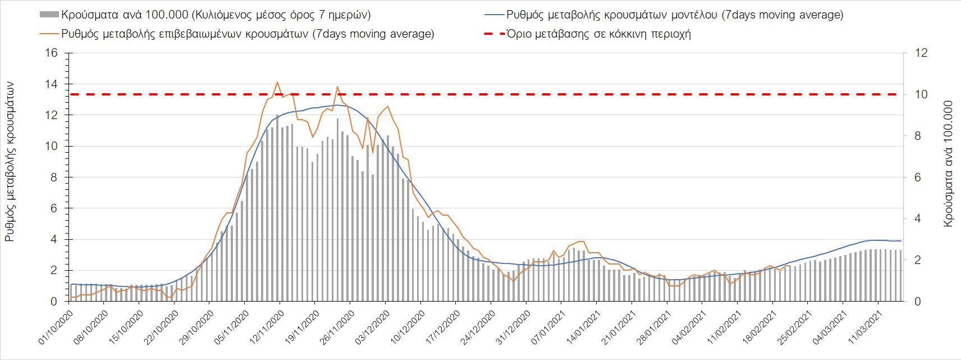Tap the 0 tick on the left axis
54,302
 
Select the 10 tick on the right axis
921,94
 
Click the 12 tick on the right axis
921,53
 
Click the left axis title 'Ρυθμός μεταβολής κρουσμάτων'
10,162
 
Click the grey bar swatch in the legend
49,15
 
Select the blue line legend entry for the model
674,15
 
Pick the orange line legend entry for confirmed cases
247,34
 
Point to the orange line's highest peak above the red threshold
277,82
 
